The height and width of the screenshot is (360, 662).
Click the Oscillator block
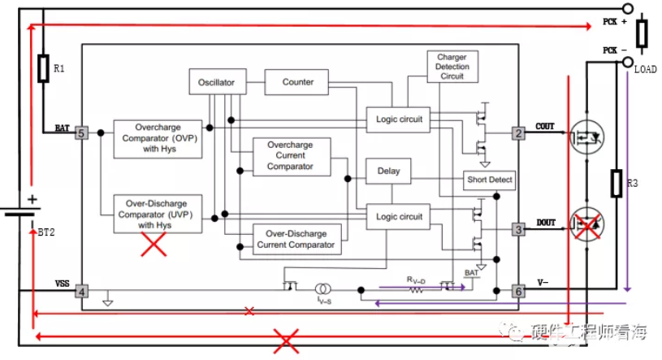(216, 83)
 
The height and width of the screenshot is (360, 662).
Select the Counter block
(298, 82)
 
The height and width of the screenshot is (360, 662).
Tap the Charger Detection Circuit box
(452, 67)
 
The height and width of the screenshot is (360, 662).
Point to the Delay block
(389, 171)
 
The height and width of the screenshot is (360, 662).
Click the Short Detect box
(490, 179)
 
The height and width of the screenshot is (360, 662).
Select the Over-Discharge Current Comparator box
(296, 238)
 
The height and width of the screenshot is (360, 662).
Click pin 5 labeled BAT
(81, 132)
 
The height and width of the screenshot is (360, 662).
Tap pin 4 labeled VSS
(81, 290)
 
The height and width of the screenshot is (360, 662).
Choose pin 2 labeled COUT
(517, 132)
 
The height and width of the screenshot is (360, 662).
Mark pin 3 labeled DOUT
(517, 230)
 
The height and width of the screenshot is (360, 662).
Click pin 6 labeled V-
(517, 290)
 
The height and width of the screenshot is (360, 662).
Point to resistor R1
(43, 69)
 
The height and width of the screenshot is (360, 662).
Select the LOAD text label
(645, 70)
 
